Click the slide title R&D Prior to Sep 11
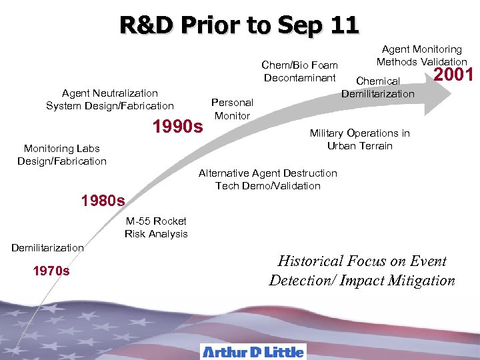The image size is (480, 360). click(x=239, y=25)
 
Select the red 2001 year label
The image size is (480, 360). click(x=453, y=74)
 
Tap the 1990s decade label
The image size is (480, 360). click(x=178, y=125)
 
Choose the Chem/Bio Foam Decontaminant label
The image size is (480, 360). click(x=299, y=71)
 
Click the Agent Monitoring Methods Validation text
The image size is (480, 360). click(x=421, y=55)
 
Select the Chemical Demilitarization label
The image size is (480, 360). click(x=378, y=87)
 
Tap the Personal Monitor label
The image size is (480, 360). click(x=232, y=109)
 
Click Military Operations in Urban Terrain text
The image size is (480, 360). click(x=359, y=139)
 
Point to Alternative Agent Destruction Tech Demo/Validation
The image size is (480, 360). click(x=268, y=179)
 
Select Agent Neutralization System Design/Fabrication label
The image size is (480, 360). click(x=110, y=99)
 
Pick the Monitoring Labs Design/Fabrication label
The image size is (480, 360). click(x=62, y=155)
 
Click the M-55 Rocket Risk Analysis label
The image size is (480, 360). click(x=156, y=227)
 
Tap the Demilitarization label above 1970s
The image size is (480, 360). click(x=47, y=247)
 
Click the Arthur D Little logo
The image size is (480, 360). click(x=253, y=351)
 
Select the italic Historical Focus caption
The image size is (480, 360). click(x=362, y=271)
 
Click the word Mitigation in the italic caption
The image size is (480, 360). click(x=423, y=281)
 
